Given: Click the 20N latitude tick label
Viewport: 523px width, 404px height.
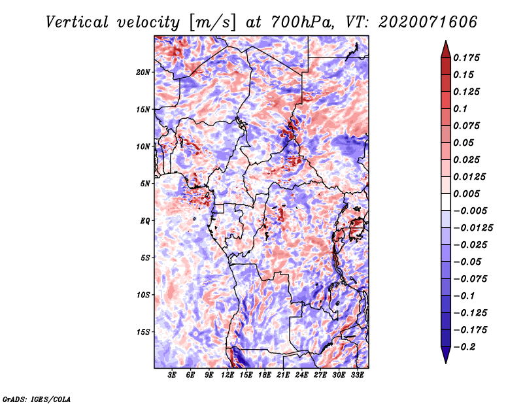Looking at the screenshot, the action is [143, 73].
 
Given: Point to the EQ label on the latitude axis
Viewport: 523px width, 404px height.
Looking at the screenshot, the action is [144, 221].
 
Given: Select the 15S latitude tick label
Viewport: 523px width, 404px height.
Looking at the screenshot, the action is [143, 332].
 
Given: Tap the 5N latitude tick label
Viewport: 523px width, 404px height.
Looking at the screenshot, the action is [145, 184].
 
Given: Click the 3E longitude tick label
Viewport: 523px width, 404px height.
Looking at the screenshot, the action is [172, 375].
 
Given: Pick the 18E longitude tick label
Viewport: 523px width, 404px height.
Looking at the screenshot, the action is [265, 375].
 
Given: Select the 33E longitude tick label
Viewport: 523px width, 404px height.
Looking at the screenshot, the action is [357, 375].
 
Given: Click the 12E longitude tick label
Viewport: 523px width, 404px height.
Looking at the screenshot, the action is [228, 375].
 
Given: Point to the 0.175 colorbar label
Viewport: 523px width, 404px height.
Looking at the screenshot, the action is [466, 58].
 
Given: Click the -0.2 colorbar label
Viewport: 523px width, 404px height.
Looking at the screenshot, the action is [464, 347].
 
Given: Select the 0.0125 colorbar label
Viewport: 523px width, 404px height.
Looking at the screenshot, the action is [469, 177].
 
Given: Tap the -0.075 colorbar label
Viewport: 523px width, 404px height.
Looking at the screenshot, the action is [470, 279].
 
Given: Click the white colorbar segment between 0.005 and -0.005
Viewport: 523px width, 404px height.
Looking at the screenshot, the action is [446, 202].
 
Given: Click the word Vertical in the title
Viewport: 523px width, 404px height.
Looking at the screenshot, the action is [76, 22].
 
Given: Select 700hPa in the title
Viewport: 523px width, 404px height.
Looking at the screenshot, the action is [302, 22].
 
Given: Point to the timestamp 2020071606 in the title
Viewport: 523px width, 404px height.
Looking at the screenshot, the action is [428, 22].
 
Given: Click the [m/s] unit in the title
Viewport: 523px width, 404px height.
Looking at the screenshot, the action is [212, 22].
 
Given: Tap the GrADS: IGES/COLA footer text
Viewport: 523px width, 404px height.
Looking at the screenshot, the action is [37, 399].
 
